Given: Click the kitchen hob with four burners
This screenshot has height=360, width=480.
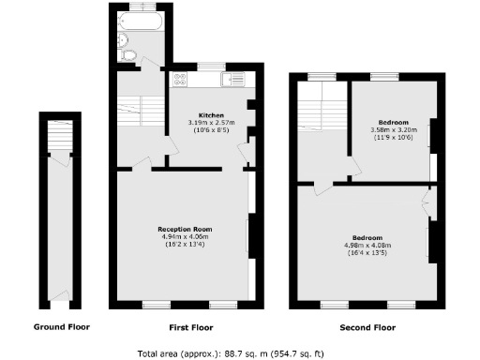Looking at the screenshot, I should coord(180,82).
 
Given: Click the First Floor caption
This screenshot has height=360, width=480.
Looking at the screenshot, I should coord(186,327).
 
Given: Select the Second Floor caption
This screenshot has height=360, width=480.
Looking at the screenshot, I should coord(367,327).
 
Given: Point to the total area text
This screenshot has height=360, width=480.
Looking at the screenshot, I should coord(240,352).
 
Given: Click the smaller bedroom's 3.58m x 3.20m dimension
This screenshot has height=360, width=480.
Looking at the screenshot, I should coord(392,130).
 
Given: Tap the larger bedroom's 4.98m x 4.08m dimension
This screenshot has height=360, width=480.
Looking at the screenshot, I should coord(366,245).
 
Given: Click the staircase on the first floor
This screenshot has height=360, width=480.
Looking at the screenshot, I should coord(133,112).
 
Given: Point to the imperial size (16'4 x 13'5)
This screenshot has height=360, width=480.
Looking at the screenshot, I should coord(366,253).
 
